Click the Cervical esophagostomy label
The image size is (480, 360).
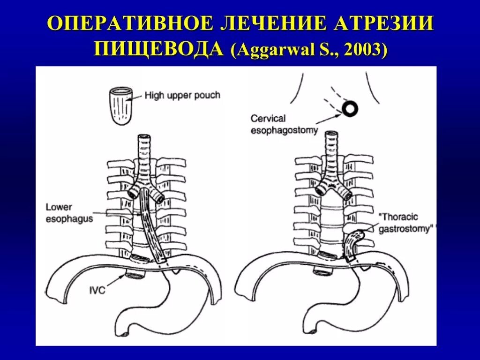284,125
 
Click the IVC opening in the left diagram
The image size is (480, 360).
135,275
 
